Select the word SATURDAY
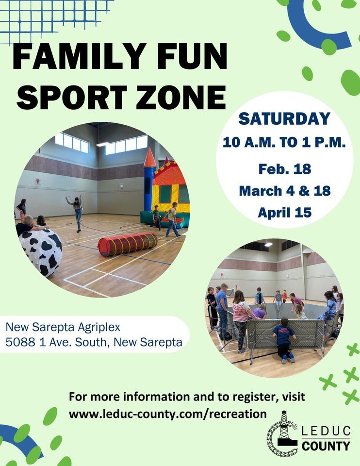pos(285,119)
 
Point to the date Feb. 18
pos(284,169)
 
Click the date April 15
pos(284,212)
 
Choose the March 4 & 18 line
pos(284,190)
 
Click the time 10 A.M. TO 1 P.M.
pos(284,143)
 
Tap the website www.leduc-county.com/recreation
pos(168,414)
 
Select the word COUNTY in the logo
pos(326,446)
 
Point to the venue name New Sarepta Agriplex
pos(63,327)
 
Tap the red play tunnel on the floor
pos(127,243)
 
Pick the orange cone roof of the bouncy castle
pos(150,159)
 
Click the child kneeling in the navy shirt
pos(283,342)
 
